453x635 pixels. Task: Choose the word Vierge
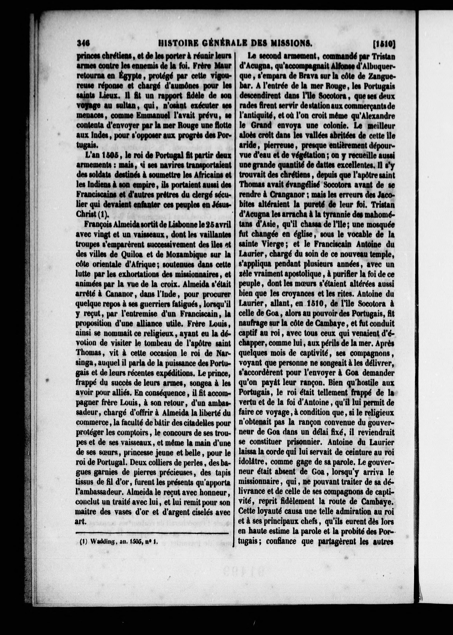point(272,245)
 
